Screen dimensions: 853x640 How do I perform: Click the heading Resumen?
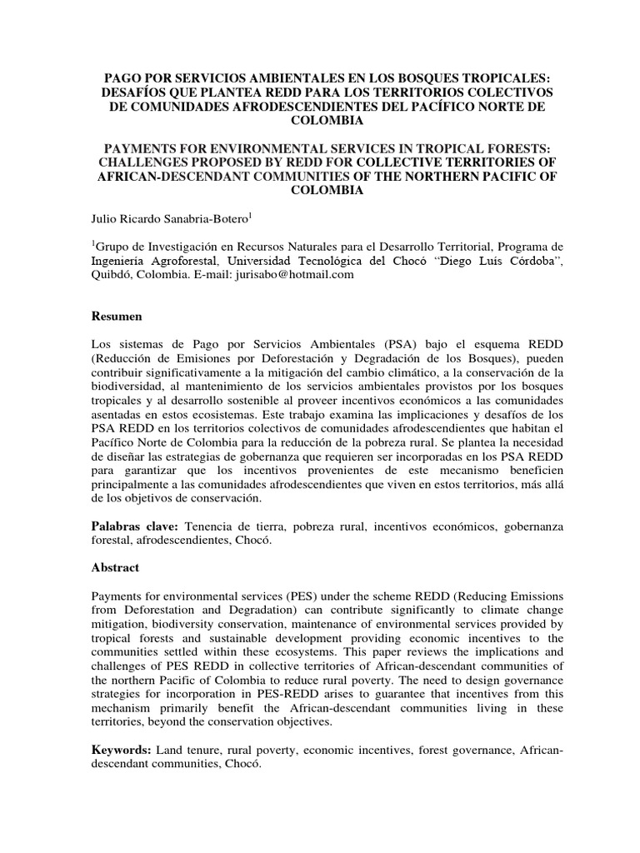(117, 317)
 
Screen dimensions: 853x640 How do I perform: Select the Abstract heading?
(117, 566)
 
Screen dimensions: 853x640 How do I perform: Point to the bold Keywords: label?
(122, 751)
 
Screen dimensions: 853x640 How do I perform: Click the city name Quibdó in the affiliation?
(112, 274)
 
